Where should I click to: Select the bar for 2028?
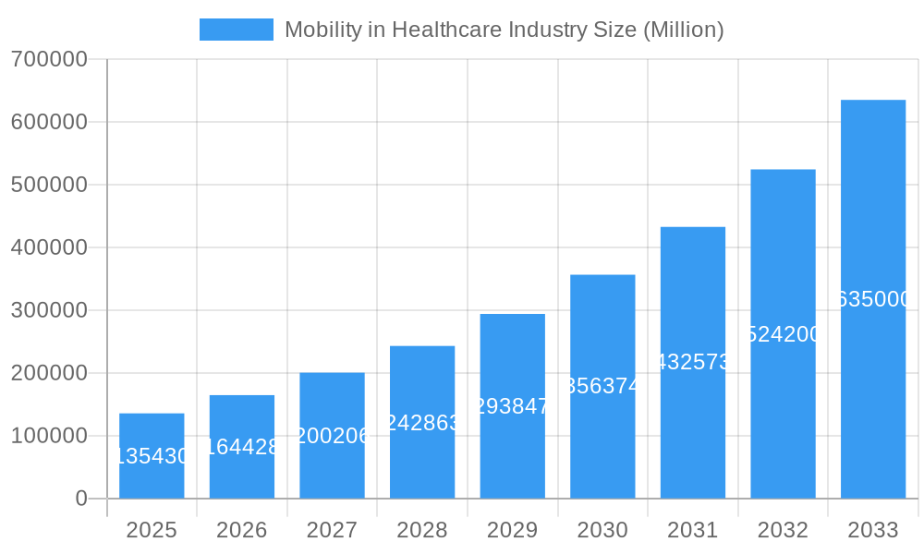[422, 422]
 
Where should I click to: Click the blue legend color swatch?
[237, 30]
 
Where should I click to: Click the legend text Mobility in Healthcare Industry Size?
[504, 30]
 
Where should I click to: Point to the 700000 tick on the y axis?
[49, 59]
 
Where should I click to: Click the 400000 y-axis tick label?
[49, 247]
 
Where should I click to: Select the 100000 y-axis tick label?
[49, 436]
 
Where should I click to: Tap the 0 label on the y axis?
[80, 499]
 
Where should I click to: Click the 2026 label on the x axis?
[242, 530]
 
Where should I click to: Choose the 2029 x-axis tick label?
[512, 530]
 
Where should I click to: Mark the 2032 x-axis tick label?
[783, 530]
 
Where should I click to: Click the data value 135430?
[152, 456]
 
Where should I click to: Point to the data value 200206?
[332, 436]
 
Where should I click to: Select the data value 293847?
[512, 406]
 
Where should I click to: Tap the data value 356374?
[602, 386]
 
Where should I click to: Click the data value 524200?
[783, 334]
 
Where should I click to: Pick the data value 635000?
[872, 299]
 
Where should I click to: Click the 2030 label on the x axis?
[602, 530]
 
